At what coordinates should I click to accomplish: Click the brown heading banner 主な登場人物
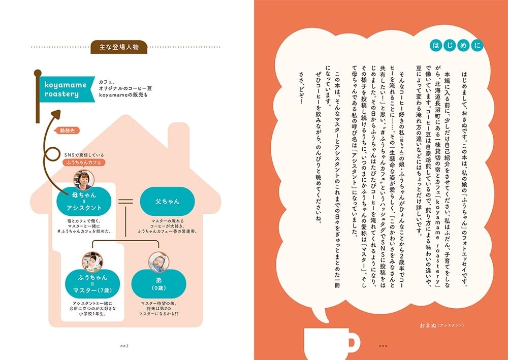point(119,47)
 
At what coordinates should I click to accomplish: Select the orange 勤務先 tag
point(68,131)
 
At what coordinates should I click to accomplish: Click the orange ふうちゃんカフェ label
point(84,162)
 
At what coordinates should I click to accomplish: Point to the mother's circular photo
point(84,180)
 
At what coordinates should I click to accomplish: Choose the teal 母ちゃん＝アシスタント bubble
point(84,202)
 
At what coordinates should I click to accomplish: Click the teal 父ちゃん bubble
point(167,202)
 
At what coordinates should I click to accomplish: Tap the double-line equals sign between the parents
point(125,202)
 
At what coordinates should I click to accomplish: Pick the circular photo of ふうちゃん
point(92,262)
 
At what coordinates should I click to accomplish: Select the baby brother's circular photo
point(158,262)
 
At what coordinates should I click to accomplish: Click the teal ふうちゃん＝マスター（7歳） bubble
point(92,284)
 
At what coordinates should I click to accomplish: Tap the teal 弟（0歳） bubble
point(158,284)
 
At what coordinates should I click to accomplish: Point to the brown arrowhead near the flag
point(56,114)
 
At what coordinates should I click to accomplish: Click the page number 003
point(124,346)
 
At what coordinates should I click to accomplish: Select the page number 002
point(383,346)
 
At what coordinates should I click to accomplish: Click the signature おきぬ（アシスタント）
point(441,325)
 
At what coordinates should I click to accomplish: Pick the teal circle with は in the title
point(436,45)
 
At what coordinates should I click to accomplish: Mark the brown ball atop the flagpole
point(38,73)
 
